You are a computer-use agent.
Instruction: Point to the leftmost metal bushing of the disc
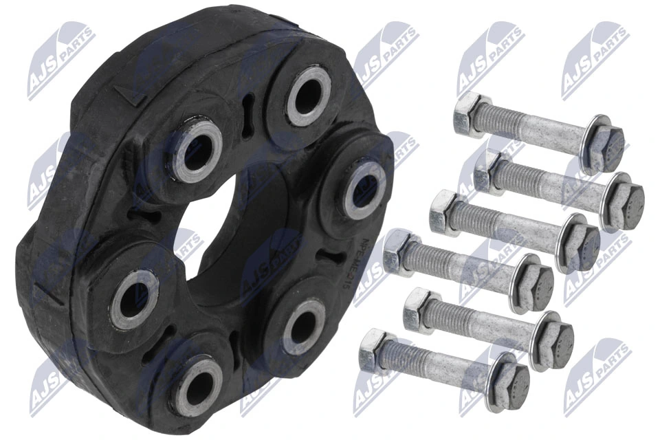coord(134,299)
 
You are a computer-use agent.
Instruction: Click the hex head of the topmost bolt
coord(470,113)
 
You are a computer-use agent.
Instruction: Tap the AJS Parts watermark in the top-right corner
coord(595,58)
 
